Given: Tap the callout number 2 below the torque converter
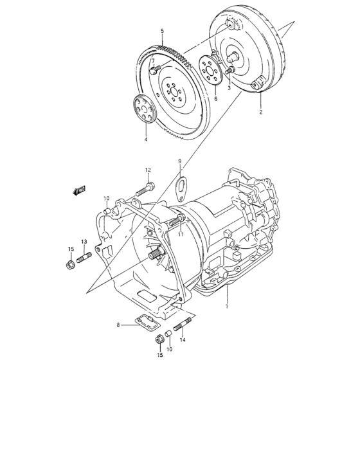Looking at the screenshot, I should point(260,112).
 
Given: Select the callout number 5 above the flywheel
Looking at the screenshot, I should point(162,31).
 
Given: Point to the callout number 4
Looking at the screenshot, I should point(145,139).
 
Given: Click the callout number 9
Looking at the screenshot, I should point(180,161).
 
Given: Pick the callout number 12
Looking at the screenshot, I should point(147,170).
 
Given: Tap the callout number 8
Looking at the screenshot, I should point(118,326).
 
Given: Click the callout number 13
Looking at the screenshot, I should point(84,241).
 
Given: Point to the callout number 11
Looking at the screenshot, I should point(181,235).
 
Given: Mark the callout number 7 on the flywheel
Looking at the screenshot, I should point(152,62).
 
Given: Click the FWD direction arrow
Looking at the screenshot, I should point(80,190).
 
